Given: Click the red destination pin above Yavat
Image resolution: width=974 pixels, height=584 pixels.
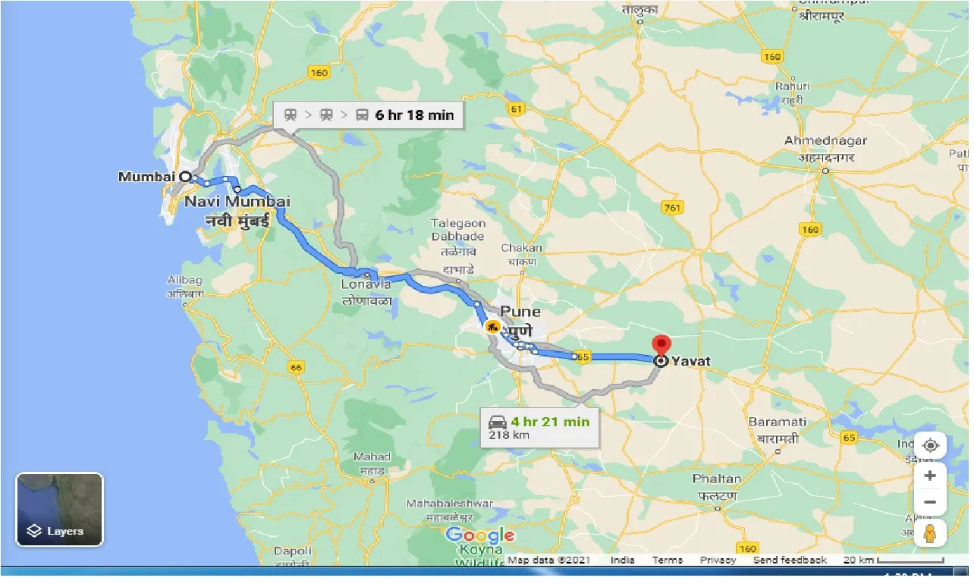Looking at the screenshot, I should pyautogui.click(x=661, y=344).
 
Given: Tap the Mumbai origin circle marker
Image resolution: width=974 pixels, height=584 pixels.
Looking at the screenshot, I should pyautogui.click(x=185, y=176).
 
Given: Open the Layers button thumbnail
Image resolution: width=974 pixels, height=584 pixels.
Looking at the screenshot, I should pyautogui.click(x=59, y=509).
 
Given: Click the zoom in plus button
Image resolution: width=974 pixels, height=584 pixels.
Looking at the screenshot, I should pyautogui.click(x=930, y=476).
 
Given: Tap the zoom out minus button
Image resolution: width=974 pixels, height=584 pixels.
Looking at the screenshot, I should pyautogui.click(x=930, y=502).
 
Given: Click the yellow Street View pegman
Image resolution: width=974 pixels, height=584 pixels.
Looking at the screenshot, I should pyautogui.click(x=930, y=534).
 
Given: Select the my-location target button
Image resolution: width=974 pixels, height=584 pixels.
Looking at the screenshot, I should pyautogui.click(x=930, y=445).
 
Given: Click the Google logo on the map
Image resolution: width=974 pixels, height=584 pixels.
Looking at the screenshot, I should pyautogui.click(x=480, y=535).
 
